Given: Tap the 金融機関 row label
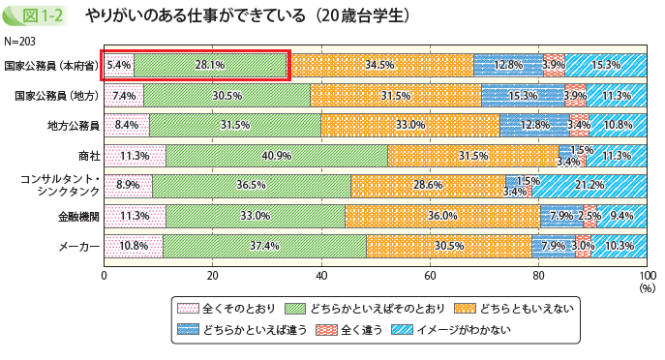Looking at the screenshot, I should (x=79, y=216).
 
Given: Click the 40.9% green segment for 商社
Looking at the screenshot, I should (x=277, y=156).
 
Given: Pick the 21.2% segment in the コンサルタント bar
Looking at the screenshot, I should (x=589, y=186).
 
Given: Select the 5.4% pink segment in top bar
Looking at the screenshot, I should (x=118, y=65).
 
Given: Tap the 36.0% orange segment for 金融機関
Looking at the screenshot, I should (x=442, y=216).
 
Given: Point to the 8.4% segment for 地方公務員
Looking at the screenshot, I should (x=127, y=126).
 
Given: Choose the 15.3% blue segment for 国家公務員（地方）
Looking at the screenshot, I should (x=523, y=96).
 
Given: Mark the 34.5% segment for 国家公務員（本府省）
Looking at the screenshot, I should (x=379, y=65).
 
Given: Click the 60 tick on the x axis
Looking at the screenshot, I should (x=430, y=275).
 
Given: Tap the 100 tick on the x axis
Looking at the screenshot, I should (x=647, y=275).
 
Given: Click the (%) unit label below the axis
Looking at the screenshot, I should (x=647, y=287).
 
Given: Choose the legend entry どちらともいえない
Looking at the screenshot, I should (x=510, y=309).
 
